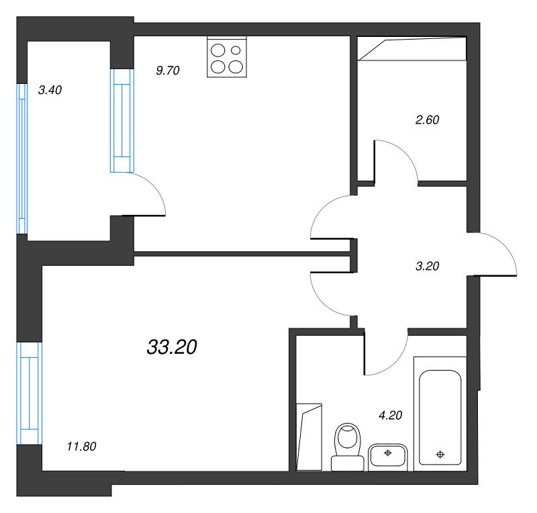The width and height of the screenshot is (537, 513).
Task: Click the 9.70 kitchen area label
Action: (x=167, y=71)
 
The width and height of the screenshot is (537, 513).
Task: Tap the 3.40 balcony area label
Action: (x=50, y=90)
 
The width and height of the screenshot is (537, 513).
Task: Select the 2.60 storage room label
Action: (x=427, y=120)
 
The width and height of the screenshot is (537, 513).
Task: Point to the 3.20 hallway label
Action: (x=427, y=266)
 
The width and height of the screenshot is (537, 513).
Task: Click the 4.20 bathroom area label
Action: (x=390, y=416)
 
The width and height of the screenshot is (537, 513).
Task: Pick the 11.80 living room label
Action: (x=81, y=447)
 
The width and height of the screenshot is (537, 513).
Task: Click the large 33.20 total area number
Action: (x=172, y=346)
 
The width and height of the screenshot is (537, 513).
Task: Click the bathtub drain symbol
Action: (x=440, y=455)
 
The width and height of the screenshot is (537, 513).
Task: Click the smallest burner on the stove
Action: (x=236, y=50)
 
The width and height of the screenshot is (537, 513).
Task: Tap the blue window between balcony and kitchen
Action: (x=122, y=120)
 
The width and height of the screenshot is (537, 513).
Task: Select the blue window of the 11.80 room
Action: (x=30, y=393)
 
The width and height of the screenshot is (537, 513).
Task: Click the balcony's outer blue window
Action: (x=22, y=158)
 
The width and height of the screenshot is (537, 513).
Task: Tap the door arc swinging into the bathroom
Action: (x=395, y=363)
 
